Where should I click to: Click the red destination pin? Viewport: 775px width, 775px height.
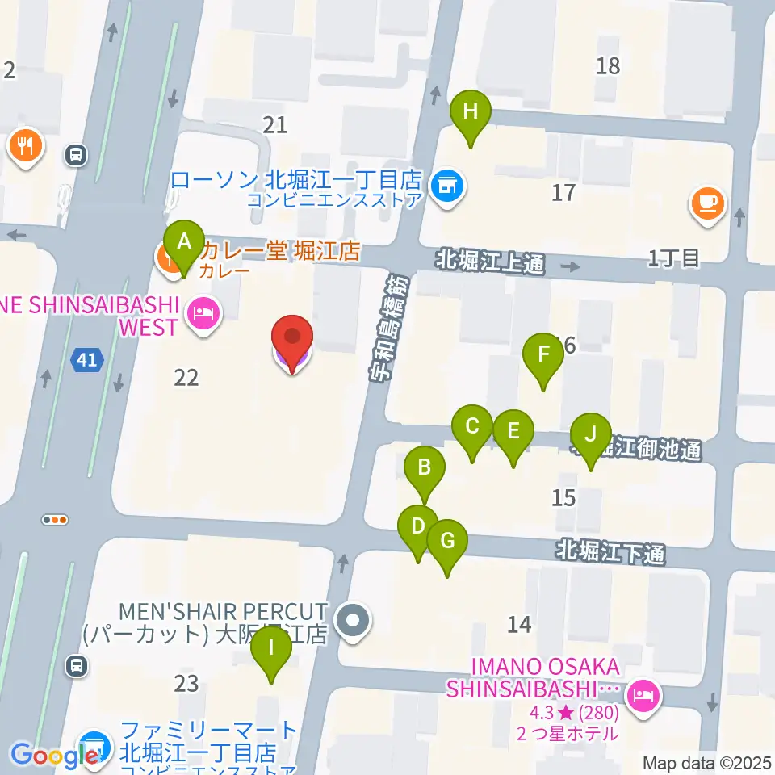[x=292, y=340]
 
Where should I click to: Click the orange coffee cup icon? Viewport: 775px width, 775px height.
[x=707, y=202]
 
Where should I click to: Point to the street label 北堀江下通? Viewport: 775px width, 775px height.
[x=610, y=553]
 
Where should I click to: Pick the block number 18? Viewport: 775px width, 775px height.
[x=608, y=65]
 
